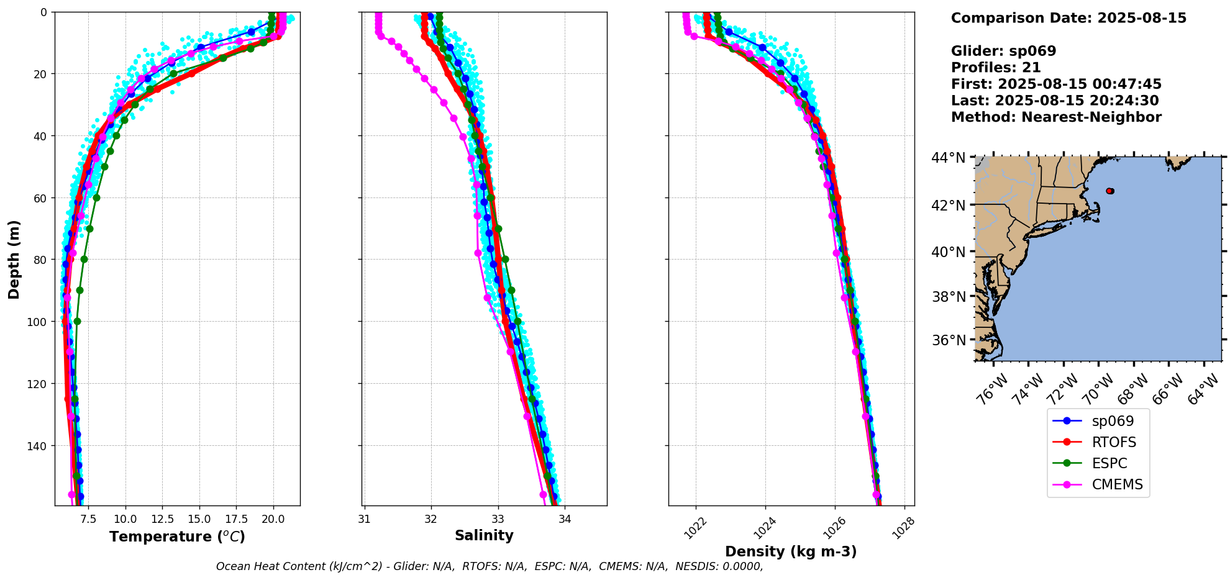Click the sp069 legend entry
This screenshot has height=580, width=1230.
click(1113, 421)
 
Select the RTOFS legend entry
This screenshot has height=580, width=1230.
click(1114, 442)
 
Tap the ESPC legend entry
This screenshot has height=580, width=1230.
click(1109, 463)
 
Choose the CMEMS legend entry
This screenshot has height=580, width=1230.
click(1117, 484)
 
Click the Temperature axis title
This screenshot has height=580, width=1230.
click(177, 537)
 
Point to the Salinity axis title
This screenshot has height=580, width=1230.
click(484, 535)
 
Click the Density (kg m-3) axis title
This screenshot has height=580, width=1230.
click(791, 551)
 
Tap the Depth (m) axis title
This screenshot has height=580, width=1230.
click(14, 259)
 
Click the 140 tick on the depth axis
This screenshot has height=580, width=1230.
click(37, 446)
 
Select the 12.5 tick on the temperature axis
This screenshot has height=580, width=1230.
click(162, 519)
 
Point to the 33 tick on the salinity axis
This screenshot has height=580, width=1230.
click(498, 519)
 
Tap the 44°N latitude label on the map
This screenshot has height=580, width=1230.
click(947, 158)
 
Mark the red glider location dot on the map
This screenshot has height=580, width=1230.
click(1110, 191)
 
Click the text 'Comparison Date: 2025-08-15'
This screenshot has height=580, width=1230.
click(1068, 18)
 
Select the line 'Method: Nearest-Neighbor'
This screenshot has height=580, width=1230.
click(1056, 117)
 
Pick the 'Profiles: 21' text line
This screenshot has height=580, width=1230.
click(996, 68)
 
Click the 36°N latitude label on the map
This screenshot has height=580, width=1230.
click(947, 340)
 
